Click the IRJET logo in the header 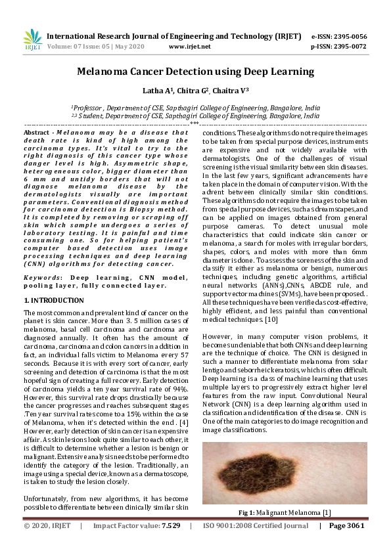coord(32,41)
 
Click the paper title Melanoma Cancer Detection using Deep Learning coord(195,72)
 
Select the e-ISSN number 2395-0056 coord(349,37)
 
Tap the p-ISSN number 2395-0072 coord(349,47)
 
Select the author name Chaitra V coord(231,91)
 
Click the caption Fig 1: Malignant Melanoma coord(284,512)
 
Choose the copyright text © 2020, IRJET coord(47,526)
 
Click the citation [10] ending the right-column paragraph coord(271,320)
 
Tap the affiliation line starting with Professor coord(195,106)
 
